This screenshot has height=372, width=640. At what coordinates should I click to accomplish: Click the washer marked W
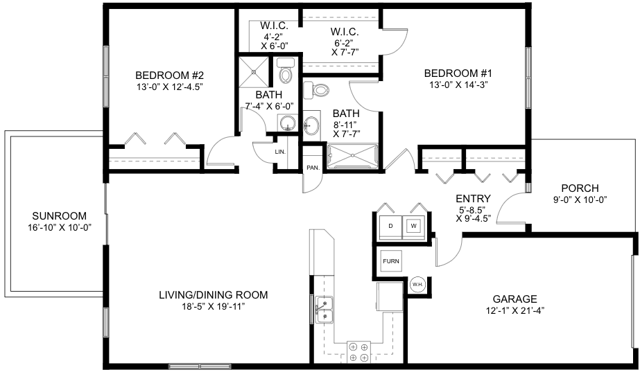pyautogui.click(x=414, y=227)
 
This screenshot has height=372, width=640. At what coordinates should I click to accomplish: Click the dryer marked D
pyautogui.click(x=391, y=227)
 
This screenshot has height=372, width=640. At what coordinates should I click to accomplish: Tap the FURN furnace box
pyautogui.click(x=391, y=261)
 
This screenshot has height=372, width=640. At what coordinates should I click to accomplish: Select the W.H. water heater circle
pyautogui.click(x=417, y=284)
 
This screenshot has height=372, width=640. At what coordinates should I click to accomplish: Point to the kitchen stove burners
pyautogui.click(x=358, y=353)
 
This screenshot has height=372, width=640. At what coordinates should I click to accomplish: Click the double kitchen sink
pyautogui.click(x=325, y=310)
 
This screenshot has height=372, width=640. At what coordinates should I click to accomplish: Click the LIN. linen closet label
pyautogui.click(x=280, y=152)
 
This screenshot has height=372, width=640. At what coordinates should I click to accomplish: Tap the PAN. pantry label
pyautogui.click(x=313, y=167)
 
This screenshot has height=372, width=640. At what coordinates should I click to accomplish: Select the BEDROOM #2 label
pyautogui.click(x=169, y=76)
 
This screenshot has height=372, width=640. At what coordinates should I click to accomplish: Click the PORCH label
pyautogui.click(x=580, y=188)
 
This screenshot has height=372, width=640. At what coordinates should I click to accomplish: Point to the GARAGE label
pyautogui.click(x=514, y=299)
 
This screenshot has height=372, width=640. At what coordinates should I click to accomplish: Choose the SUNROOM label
pyautogui.click(x=60, y=216)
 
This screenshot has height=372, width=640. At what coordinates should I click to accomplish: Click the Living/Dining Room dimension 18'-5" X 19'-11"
pyautogui.click(x=214, y=307)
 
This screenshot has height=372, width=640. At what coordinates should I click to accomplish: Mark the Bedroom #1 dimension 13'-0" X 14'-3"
pyautogui.click(x=459, y=85)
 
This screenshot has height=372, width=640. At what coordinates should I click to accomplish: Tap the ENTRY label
pyautogui.click(x=473, y=199)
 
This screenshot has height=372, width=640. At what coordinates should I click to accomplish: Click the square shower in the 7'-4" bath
pyautogui.click(x=254, y=72)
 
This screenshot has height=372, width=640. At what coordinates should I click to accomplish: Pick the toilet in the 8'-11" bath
pyautogui.click(x=317, y=89)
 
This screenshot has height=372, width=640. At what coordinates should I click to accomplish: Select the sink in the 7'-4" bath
pyautogui.click(x=288, y=123)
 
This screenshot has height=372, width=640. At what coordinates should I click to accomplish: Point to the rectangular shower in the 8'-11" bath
pyautogui.click(x=353, y=156)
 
